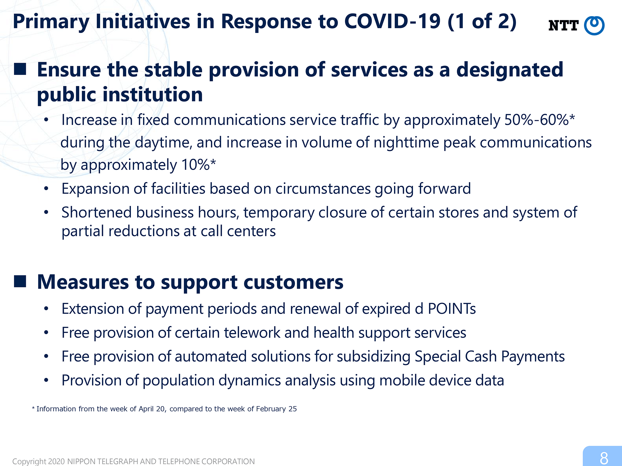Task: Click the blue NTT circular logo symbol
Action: [594, 25]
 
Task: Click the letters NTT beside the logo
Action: [563, 26]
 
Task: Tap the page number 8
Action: [604, 458]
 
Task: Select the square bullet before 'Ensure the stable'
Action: [20, 69]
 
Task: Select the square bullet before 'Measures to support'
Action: [20, 281]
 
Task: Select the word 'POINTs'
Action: [452, 309]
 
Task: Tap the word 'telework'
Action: [252, 333]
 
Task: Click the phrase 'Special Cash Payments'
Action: [490, 357]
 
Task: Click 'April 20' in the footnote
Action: [152, 409]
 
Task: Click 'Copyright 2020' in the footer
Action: [39, 461]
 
